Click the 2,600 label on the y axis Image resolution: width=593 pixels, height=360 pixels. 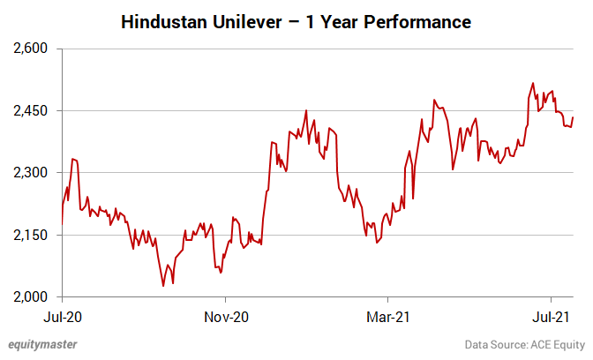pyautogui.click(x=30, y=49)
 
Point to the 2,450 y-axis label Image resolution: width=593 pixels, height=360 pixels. pyautogui.click(x=30, y=111)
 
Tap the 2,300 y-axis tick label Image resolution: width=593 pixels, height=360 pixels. pyautogui.click(x=30, y=173)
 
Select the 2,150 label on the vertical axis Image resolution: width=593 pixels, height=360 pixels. pyautogui.click(x=30, y=236)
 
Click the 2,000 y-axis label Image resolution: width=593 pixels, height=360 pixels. pyautogui.click(x=30, y=297)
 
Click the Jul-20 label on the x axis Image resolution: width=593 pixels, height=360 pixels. pyautogui.click(x=63, y=317)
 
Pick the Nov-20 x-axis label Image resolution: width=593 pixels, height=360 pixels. pyautogui.click(x=226, y=317)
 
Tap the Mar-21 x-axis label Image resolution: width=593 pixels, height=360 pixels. pyautogui.click(x=388, y=317)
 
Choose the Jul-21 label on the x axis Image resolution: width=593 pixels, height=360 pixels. pyautogui.click(x=551, y=317)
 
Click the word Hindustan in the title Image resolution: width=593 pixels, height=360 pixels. pyautogui.click(x=164, y=22)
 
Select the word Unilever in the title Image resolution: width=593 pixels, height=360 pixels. pyautogui.click(x=247, y=22)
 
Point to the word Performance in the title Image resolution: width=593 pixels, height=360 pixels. pyautogui.click(x=417, y=22)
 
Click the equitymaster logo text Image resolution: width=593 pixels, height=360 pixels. pyautogui.click(x=42, y=344)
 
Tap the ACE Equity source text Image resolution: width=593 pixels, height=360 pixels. pyautogui.click(x=558, y=344)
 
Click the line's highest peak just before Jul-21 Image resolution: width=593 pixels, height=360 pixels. pyautogui.click(x=533, y=83)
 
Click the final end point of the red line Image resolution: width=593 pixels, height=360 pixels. pyautogui.click(x=573, y=117)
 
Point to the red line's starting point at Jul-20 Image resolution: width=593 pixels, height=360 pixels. pyautogui.click(x=62, y=224)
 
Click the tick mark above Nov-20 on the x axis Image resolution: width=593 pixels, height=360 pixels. pyautogui.click(x=225, y=300)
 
